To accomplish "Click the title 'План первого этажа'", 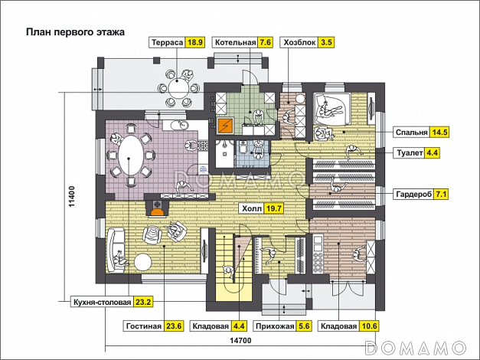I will (74, 32).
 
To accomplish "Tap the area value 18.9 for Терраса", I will (195, 43).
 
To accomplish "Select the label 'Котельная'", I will (234, 43).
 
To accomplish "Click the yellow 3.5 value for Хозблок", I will (326, 43).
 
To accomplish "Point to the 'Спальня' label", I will (411, 132).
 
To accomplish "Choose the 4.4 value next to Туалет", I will (432, 153).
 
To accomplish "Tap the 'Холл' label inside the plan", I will (251, 208).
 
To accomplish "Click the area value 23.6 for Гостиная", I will (174, 326).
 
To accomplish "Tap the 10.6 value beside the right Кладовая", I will (370, 326).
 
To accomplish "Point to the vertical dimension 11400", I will (70, 201).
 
